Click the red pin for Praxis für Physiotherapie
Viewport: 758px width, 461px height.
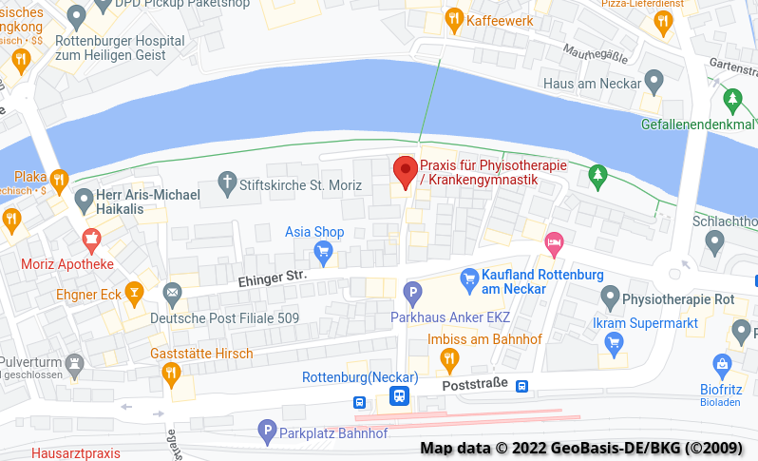pyautogui.click(x=406, y=171)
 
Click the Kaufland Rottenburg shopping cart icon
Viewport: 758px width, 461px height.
pyautogui.click(x=468, y=279)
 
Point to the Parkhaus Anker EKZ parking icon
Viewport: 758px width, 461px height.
pyautogui.click(x=412, y=293)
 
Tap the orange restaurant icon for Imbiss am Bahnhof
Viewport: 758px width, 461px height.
pyautogui.click(x=450, y=359)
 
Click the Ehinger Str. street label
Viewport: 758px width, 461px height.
pyautogui.click(x=272, y=277)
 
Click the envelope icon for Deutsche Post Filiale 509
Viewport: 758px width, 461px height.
pyautogui.click(x=172, y=292)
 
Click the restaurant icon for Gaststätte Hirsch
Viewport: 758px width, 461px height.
pyautogui.click(x=171, y=374)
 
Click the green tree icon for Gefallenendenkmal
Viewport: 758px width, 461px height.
pyautogui.click(x=731, y=98)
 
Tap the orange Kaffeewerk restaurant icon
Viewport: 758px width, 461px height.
pyautogui.click(x=455, y=19)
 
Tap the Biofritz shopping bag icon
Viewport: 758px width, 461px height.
pyautogui.click(x=723, y=363)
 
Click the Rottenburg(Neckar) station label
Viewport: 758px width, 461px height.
pyautogui.click(x=360, y=377)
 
